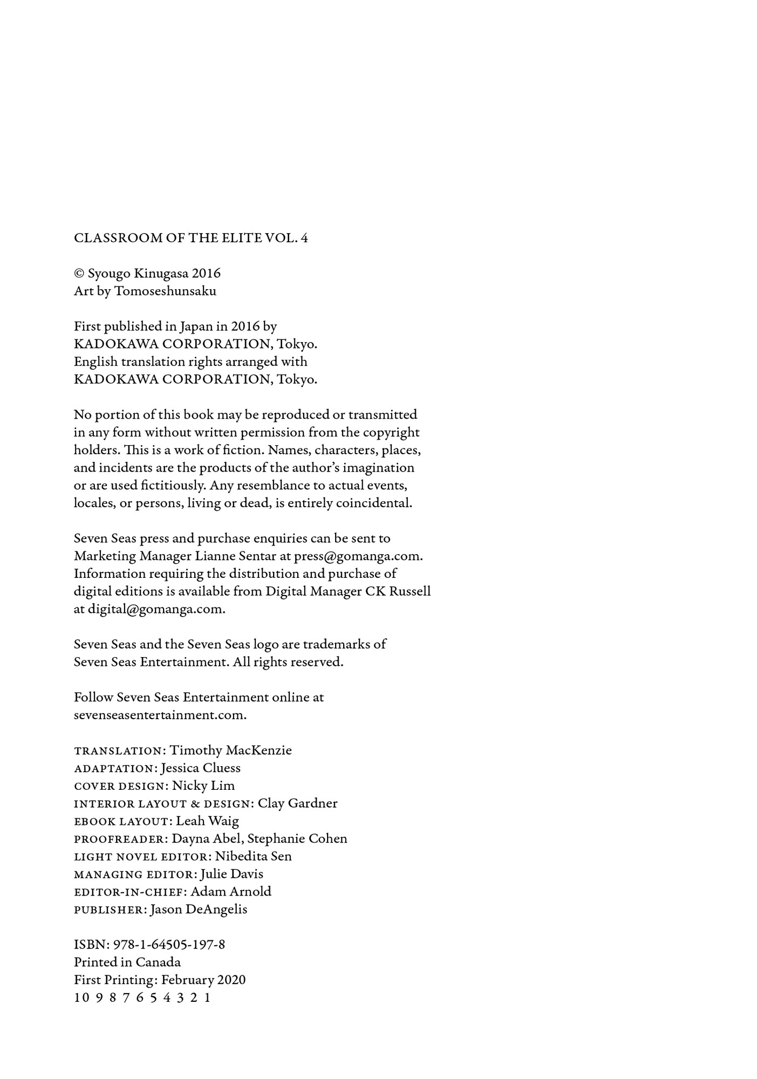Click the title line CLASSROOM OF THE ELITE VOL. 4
coord(191,238)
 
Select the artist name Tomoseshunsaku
coord(165,291)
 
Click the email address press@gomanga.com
coord(358,556)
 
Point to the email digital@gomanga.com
coord(156,609)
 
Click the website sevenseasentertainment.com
coord(160,715)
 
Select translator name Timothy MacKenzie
coord(230,750)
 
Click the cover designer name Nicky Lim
coord(203,786)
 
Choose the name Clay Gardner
coord(297,803)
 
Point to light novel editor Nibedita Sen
coord(253,856)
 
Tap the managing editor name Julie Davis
coord(231,874)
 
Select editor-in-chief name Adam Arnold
coord(231,892)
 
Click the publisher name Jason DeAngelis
coord(199,910)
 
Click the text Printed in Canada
coord(127,962)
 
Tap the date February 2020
coord(203,980)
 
